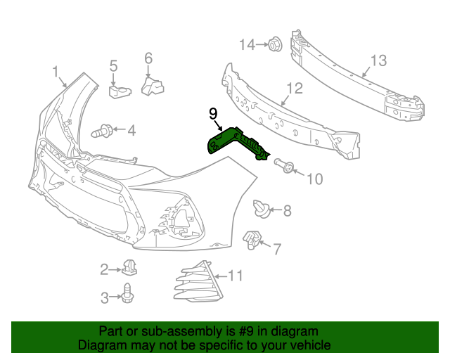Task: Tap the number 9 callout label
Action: [213, 113]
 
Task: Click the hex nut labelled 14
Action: [275, 44]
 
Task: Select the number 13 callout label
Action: [378, 61]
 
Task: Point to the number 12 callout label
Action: [294, 89]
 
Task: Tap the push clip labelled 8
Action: [261, 207]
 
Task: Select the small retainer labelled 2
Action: [129, 268]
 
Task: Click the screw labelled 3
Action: [127, 293]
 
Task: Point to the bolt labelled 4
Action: [101, 130]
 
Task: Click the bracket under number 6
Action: [152, 86]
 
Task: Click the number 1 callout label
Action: [55, 71]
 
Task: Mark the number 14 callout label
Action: [247, 45]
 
